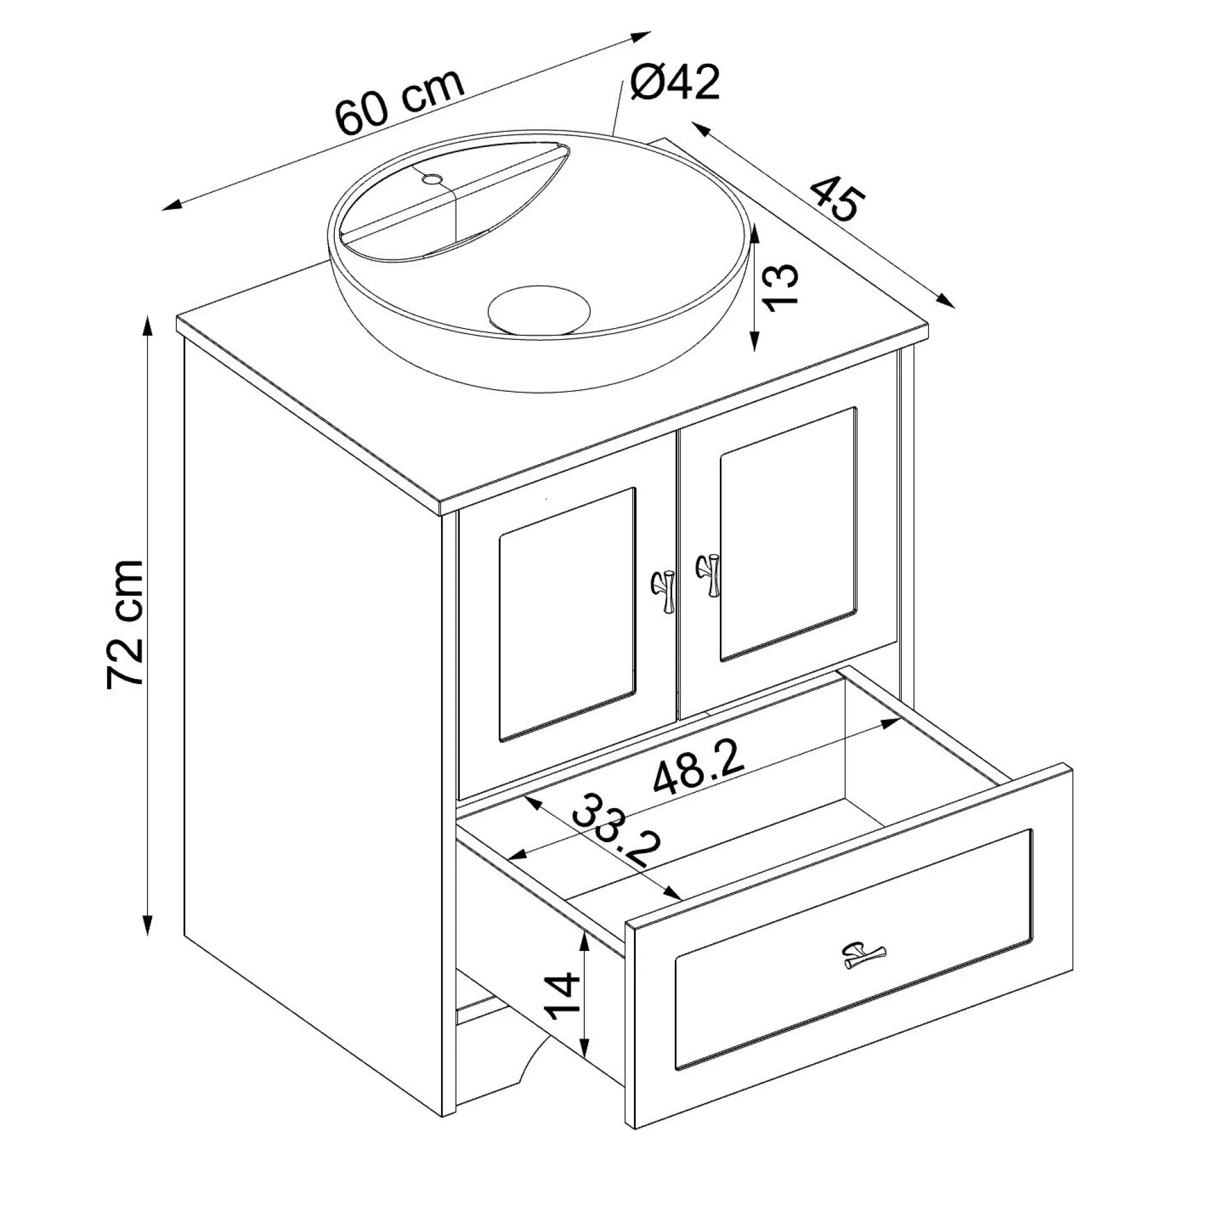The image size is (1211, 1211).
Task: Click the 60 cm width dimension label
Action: pos(400,101)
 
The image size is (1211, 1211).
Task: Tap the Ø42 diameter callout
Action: pos(675,82)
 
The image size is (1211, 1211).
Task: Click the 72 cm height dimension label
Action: pos(125,624)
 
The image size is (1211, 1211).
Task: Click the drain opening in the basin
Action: pos(539,310)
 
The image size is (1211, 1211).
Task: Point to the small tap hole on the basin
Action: pos(431,179)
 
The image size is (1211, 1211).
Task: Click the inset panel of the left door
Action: pos(567,615)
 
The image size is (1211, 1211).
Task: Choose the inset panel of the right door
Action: pos(788,534)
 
